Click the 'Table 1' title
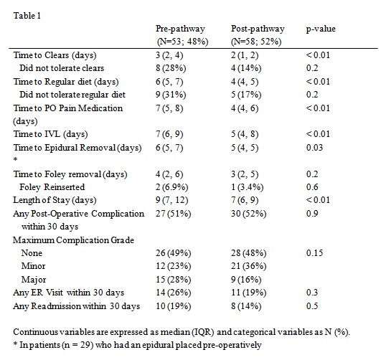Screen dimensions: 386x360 click(x=27, y=16)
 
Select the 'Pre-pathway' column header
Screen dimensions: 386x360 click(x=180, y=29)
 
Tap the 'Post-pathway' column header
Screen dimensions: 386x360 click(x=258, y=29)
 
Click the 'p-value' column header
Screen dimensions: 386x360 click(x=321, y=29)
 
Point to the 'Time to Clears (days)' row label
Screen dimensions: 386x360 click(x=55, y=55)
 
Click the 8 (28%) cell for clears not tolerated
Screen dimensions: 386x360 click(x=171, y=68)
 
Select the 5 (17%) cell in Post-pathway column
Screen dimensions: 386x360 click(x=246, y=95)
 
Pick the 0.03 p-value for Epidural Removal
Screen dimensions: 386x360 click(x=314, y=148)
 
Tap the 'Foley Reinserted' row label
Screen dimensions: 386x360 click(x=52, y=187)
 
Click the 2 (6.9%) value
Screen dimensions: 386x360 click(x=171, y=187)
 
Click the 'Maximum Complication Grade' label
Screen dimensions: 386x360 click(x=73, y=240)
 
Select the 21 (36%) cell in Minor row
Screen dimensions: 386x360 click(x=249, y=266)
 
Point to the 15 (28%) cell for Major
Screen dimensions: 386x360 click(x=174, y=280)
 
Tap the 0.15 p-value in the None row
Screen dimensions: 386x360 click(x=314, y=253)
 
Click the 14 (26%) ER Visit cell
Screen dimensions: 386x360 click(x=174, y=293)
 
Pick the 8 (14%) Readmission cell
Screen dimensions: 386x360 click(x=246, y=306)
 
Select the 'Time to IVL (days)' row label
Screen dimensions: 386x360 click(x=50, y=134)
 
